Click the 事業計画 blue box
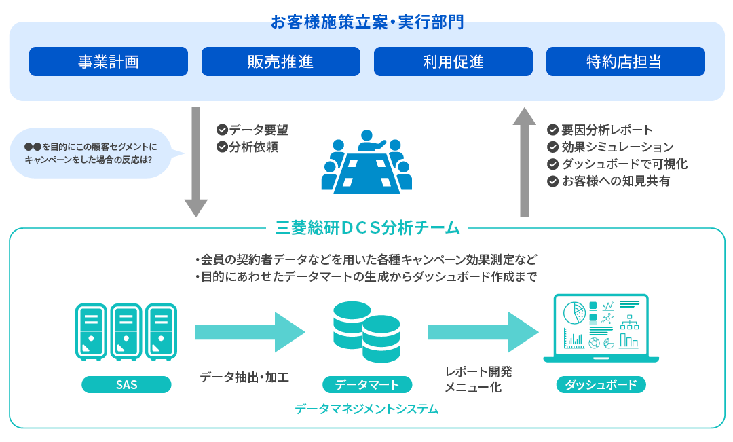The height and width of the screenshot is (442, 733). point(109,62)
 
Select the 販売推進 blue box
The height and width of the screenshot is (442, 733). point(280,62)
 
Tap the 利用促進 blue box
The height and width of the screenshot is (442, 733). point(453,62)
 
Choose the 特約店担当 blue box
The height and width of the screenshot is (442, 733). point(625,62)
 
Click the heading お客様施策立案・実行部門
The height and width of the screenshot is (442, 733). point(367,22)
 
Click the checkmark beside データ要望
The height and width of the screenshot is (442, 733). point(221,130)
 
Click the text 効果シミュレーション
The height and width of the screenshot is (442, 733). point(617,147)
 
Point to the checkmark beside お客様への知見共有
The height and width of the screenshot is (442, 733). point(552,181)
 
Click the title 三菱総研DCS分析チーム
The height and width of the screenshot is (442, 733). point(367,227)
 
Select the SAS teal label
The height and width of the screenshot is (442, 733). point(126,384)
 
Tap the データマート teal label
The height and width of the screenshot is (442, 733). point(366,384)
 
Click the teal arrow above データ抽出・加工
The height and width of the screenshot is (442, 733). point(249,332)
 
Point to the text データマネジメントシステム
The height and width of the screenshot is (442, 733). point(366,409)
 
